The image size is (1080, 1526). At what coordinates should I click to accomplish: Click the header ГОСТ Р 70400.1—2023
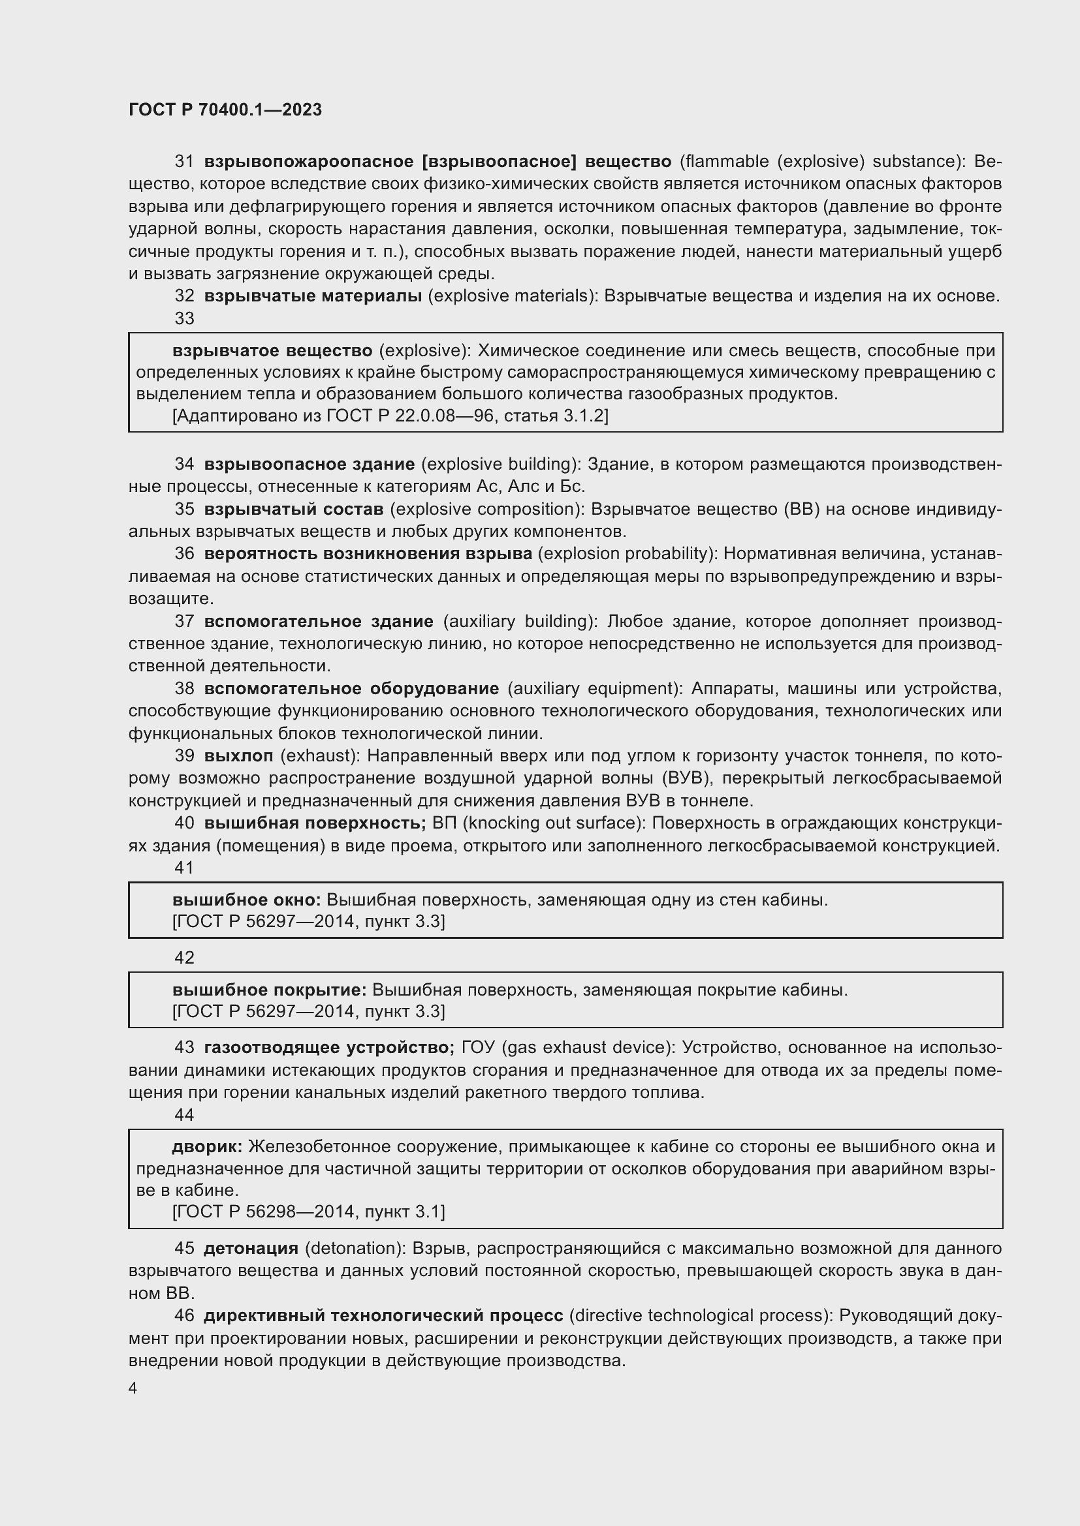[x=225, y=110]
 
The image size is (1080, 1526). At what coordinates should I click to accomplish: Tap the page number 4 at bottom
[x=133, y=1388]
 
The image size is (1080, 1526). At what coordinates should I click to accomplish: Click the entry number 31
[x=184, y=162]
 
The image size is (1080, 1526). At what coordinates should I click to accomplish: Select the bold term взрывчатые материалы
[x=313, y=296]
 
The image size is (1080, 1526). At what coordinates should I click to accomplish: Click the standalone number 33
[x=184, y=318]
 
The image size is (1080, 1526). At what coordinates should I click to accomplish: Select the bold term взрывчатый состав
[x=293, y=509]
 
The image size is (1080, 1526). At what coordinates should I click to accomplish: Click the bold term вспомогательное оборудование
[x=351, y=688]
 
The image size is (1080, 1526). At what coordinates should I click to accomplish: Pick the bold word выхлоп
[x=238, y=755]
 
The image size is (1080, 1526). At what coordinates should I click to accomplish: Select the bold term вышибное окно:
[x=246, y=900]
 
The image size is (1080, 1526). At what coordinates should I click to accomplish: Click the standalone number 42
[x=184, y=958]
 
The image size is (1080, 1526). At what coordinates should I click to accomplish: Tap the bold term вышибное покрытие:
[x=268, y=990]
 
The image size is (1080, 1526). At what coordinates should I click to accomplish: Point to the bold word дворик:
[x=207, y=1146]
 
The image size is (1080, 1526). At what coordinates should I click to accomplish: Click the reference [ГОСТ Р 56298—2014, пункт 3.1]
[x=309, y=1212]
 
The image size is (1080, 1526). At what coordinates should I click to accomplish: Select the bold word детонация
[x=251, y=1249]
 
